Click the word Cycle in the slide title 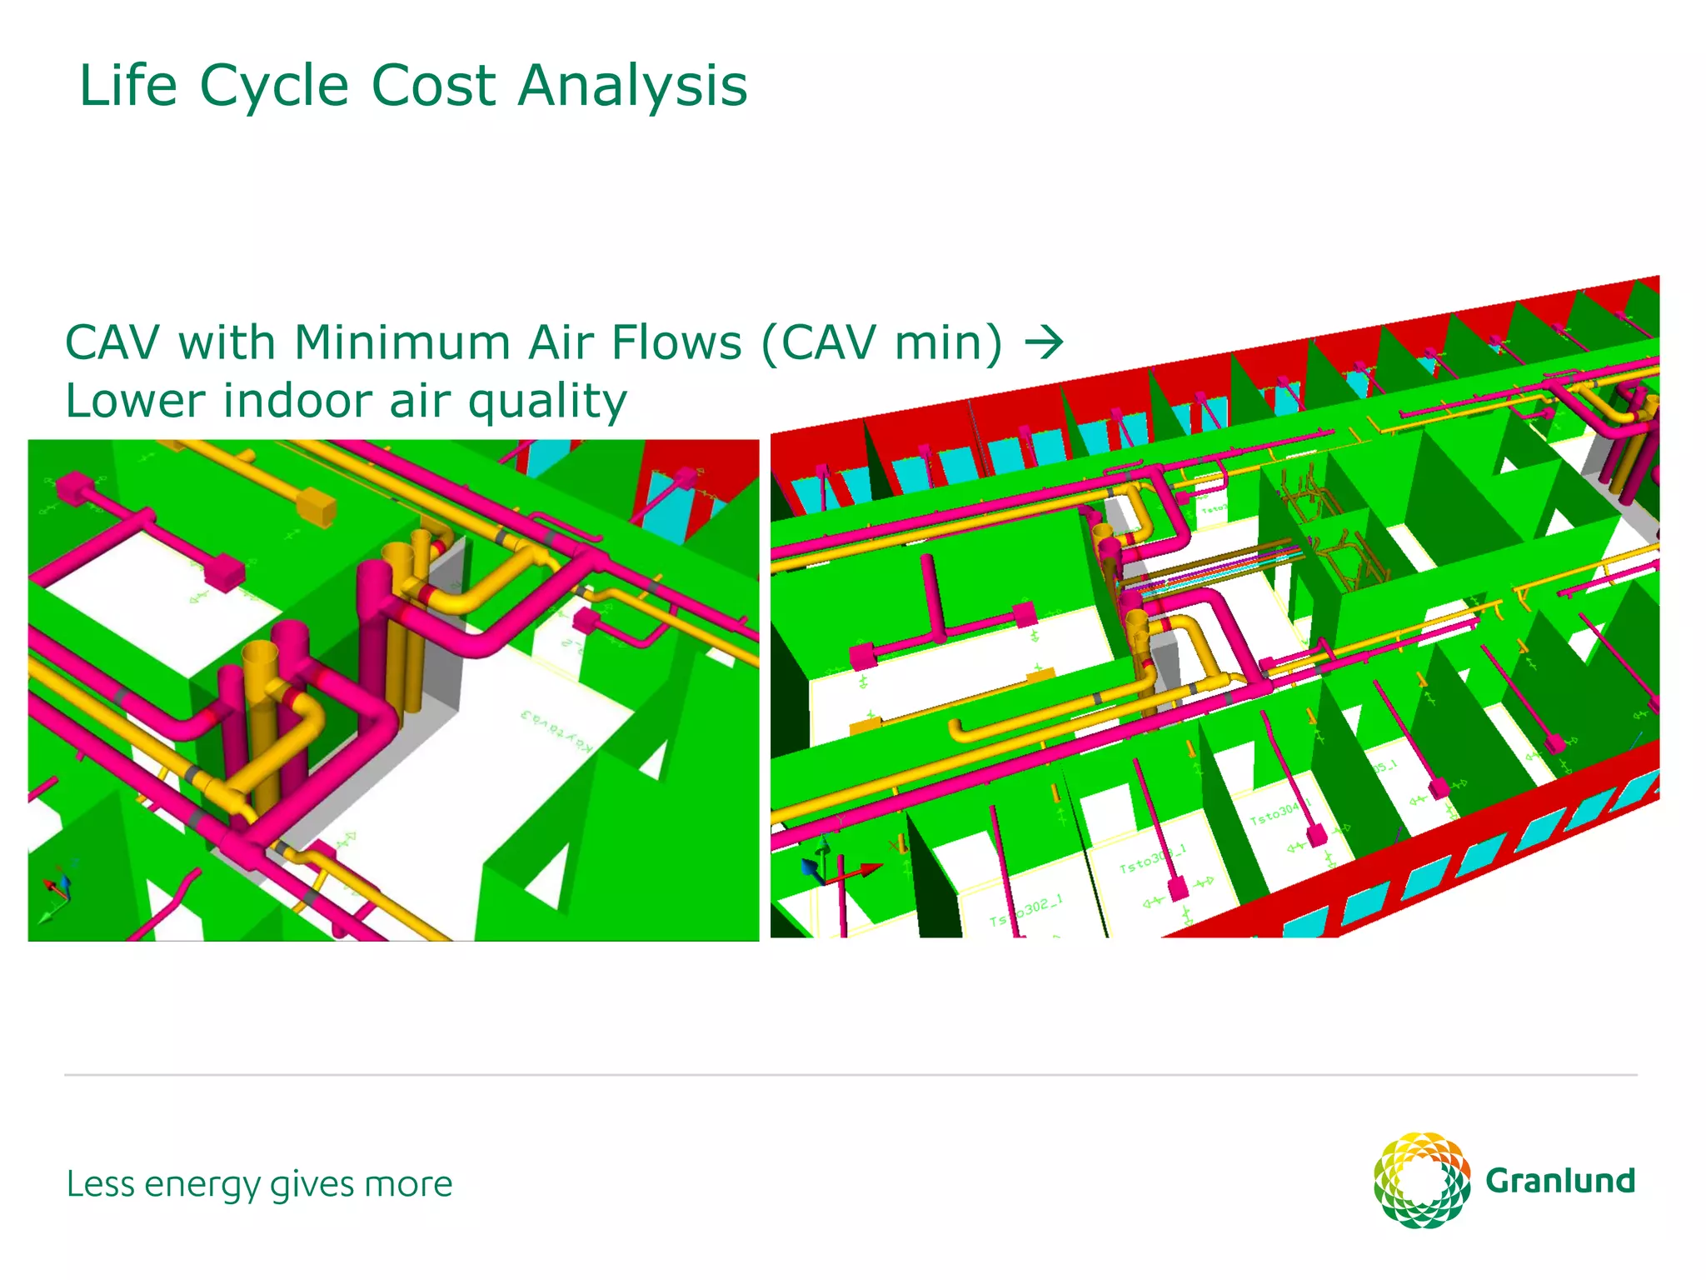pos(273,87)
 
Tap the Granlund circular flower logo pos(1421,1180)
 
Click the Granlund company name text pos(1559,1181)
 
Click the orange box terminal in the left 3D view pos(316,506)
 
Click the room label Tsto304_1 pos(1279,812)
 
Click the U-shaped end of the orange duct pos(958,732)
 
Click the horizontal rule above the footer pos(850,1075)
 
